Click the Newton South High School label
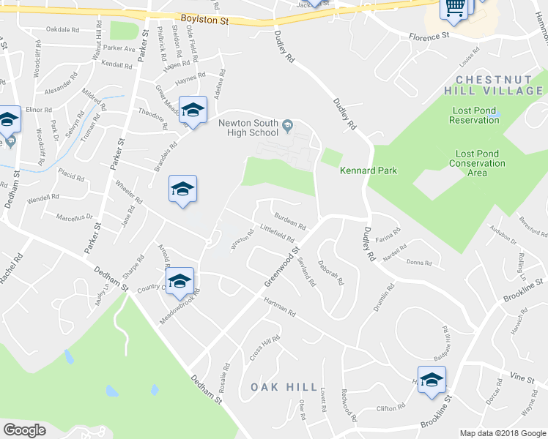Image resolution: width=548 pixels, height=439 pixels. pyautogui.click(x=249, y=128)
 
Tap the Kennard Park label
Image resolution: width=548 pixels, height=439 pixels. pyautogui.click(x=368, y=170)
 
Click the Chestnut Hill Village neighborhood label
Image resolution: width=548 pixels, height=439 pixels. pyautogui.click(x=499, y=85)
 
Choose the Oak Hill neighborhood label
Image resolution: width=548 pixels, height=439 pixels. pyautogui.click(x=284, y=387)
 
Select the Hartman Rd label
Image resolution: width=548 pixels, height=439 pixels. pyautogui.click(x=280, y=310)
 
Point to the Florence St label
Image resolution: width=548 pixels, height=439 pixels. pyautogui.click(x=429, y=36)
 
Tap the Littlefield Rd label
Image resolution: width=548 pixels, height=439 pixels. pyautogui.click(x=277, y=233)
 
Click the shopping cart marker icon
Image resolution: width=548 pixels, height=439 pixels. pyautogui.click(x=453, y=9)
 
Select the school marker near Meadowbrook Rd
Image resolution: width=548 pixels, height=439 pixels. pyautogui.click(x=179, y=281)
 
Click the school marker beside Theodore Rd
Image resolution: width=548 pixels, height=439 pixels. pyautogui.click(x=193, y=110)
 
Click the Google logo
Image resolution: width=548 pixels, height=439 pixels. pyautogui.click(x=24, y=430)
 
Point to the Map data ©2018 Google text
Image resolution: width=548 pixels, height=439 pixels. pyautogui.click(x=502, y=432)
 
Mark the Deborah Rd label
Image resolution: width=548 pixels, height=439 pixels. pyautogui.click(x=330, y=272)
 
